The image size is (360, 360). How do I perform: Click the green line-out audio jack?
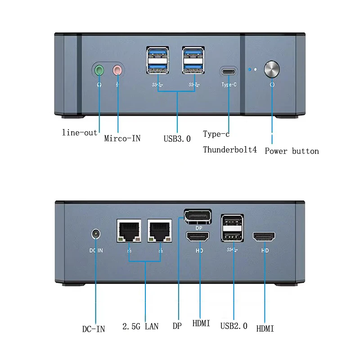point(99,70)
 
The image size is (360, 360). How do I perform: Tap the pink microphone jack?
point(117,70)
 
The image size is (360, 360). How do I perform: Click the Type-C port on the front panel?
point(229,71)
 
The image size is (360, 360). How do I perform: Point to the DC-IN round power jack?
point(95,234)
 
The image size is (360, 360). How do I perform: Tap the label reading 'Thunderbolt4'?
point(229,149)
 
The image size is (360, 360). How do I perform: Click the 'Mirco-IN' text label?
point(122,138)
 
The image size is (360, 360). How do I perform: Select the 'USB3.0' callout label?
point(177,139)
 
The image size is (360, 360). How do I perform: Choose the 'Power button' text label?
point(292,151)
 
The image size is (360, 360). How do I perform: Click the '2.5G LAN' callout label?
point(140,326)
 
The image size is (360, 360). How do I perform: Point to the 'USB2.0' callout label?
point(234,326)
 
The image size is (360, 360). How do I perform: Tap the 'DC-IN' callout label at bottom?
point(94,329)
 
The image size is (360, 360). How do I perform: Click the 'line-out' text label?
point(80,133)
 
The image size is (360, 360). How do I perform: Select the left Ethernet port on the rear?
point(129,230)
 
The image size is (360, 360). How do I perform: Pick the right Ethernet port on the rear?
point(160,230)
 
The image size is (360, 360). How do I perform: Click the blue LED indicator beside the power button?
point(250,70)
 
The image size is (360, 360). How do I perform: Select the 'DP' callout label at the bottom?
point(177,326)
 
